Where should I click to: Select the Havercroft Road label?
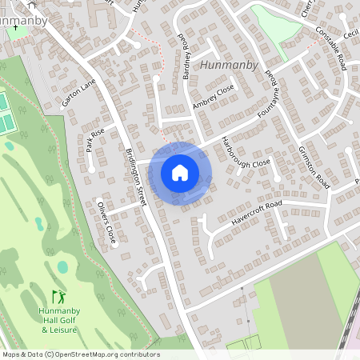pos(254,212)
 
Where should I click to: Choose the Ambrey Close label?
pos(213,96)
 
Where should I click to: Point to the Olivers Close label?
pos(106,223)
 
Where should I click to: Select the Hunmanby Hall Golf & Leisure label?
pos(58,319)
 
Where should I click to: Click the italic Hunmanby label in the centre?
pos(230,65)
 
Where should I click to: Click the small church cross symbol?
pos(16,26)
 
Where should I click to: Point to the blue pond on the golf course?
pos(62,266)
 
